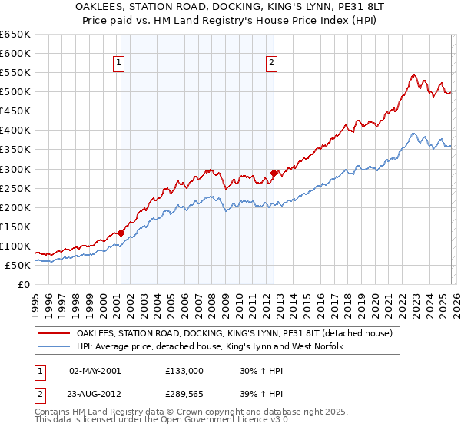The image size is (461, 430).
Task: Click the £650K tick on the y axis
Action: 15,35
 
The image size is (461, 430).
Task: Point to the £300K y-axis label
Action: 15,169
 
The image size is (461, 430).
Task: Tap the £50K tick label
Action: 18,265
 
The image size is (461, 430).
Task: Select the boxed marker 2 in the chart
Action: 272,64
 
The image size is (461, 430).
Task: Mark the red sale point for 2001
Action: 121,232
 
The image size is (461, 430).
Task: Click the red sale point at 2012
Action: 274,173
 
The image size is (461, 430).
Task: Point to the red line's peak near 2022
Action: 413,75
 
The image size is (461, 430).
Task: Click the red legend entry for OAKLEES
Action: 234,333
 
